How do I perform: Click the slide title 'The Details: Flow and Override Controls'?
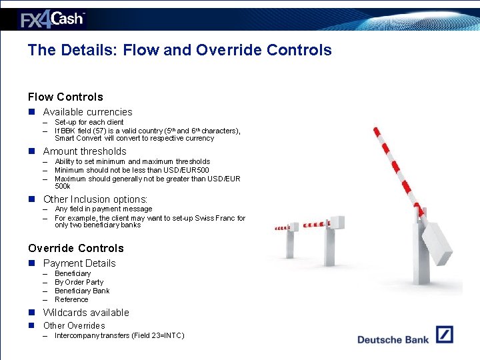point(179,50)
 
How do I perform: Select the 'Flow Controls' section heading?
point(65,97)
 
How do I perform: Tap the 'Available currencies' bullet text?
point(87,112)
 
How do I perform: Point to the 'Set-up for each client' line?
point(89,123)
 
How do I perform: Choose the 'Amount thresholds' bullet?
point(84,151)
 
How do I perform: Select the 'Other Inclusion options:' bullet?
point(95,199)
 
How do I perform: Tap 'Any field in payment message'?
point(103,209)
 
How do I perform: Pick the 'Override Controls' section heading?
point(75,248)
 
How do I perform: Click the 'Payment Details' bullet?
point(79,263)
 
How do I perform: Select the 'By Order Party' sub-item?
point(79,282)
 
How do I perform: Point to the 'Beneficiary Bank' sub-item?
point(82,291)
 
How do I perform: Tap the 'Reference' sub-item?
point(71,299)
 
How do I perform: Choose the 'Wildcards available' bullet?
point(86,313)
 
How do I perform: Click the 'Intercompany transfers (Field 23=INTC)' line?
point(119,335)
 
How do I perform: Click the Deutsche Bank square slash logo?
point(445,334)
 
